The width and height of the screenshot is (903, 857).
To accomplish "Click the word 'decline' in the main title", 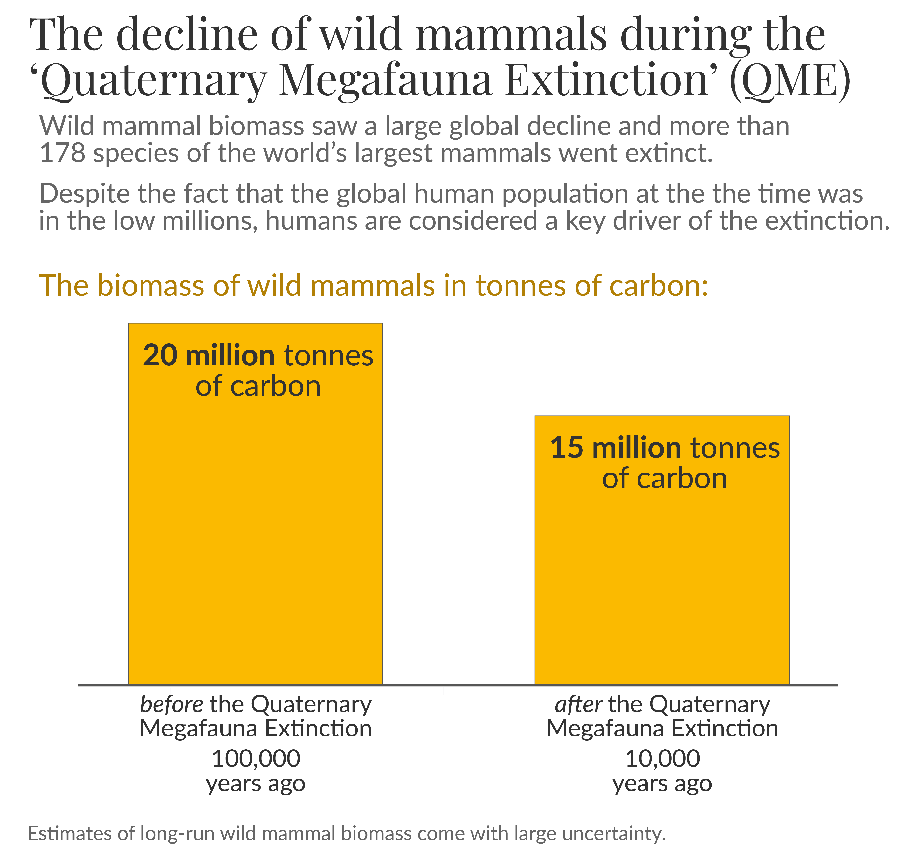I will coord(187,34).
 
